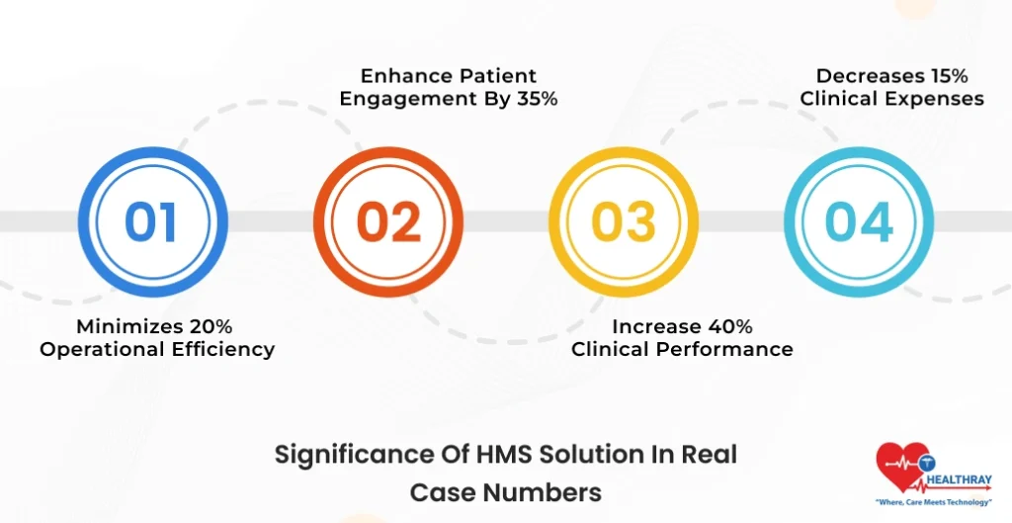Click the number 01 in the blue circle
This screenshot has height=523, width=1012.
coord(152,222)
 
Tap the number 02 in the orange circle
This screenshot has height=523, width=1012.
coord(388,222)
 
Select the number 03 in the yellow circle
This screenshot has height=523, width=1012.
coord(624,222)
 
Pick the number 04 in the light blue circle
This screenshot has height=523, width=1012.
coord(859,222)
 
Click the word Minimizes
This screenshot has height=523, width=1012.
coord(126,325)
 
